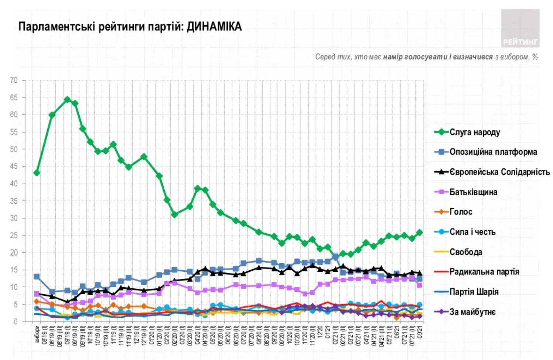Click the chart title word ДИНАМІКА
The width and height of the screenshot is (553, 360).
214,27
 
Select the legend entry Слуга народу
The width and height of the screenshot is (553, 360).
474,132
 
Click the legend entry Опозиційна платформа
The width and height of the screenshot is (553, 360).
493,152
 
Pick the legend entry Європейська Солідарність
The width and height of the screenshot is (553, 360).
499,172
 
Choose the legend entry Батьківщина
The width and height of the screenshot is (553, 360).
473,192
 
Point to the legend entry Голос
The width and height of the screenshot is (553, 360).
461,212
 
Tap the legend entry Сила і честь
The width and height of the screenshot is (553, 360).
472,232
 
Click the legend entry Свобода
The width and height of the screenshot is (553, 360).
465,252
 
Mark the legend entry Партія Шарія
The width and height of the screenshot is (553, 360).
474,292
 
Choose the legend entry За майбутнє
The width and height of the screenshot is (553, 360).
472,312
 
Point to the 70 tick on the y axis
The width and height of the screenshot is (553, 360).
14,80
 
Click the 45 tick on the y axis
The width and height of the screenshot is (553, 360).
14,167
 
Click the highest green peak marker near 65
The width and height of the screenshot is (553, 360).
67,100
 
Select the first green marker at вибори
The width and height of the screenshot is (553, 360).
37,173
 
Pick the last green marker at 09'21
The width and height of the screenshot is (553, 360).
420,233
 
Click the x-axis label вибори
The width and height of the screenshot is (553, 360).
37,334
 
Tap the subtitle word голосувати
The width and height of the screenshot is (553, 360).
421,57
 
